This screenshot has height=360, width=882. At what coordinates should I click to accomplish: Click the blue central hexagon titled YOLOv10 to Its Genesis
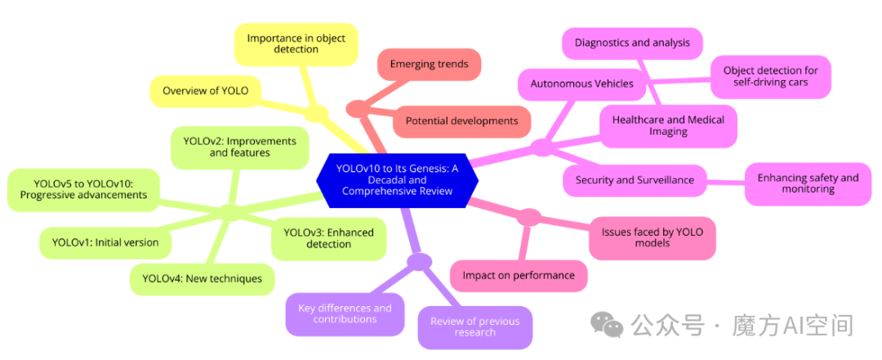[397, 180]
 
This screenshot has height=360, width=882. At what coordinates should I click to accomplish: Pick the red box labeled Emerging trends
[429, 64]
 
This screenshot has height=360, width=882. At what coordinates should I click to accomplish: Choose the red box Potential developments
[461, 121]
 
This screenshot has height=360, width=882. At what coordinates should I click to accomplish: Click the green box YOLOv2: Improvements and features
[238, 147]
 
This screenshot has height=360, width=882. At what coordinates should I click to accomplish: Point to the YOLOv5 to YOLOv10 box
[83, 189]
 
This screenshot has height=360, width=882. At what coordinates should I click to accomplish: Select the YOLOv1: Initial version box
[105, 242]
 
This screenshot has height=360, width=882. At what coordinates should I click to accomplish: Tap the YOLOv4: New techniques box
[202, 278]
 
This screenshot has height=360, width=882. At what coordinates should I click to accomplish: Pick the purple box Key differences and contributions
[345, 313]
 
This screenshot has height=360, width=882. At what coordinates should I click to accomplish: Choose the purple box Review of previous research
[474, 327]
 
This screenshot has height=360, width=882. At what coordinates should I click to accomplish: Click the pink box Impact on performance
[519, 275]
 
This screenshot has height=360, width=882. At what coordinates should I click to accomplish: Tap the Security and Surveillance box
[635, 180]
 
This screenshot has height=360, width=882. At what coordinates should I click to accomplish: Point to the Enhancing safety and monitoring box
[808, 184]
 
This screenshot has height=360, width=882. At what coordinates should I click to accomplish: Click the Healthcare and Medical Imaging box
[668, 126]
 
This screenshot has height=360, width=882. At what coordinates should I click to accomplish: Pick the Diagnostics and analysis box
[631, 42]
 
